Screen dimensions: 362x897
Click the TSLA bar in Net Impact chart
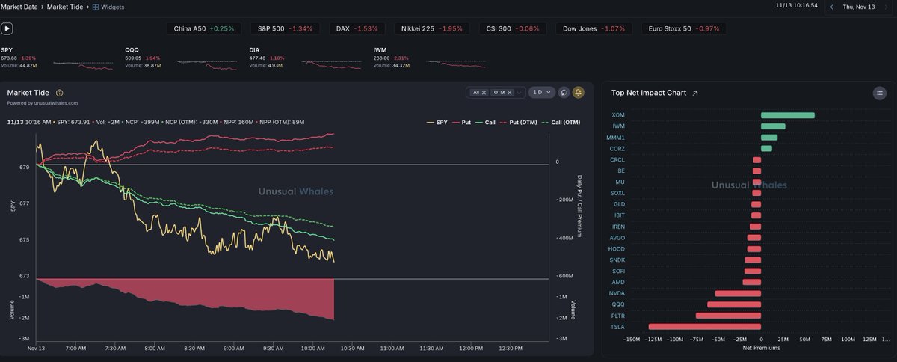point(704,327)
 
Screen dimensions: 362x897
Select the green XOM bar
point(787,115)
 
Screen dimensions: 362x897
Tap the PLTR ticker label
point(617,316)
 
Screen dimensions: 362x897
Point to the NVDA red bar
point(738,293)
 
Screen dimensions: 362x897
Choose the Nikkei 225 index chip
point(433,28)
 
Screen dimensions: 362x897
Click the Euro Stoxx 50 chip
point(684,28)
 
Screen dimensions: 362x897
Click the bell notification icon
point(578,92)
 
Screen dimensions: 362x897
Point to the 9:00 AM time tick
point(234,348)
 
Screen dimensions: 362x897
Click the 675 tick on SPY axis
point(24,239)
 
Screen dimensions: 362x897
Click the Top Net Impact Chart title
point(649,93)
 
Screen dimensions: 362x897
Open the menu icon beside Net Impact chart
point(880,93)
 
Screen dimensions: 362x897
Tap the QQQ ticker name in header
point(132,50)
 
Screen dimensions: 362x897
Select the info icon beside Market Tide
point(59,93)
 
